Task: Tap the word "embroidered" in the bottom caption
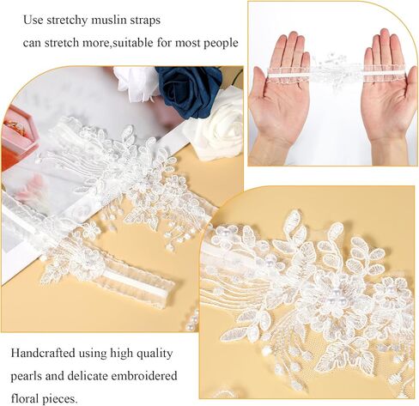pos(144,375)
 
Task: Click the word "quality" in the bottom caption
pos(155,354)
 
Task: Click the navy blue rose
pos(190,91)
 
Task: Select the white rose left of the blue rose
pos(135,83)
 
